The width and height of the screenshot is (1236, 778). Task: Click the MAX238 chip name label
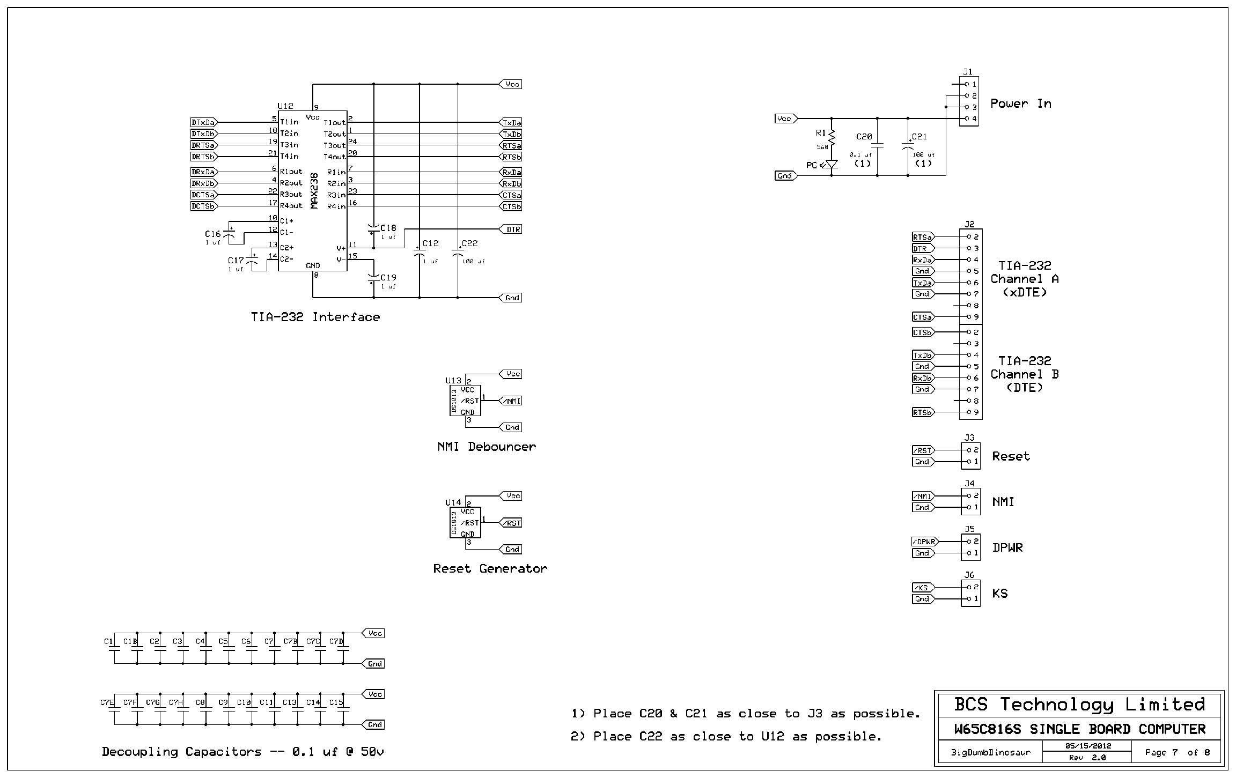pyautogui.click(x=314, y=191)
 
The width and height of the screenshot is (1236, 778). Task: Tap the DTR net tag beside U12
pyautogui.click(x=511, y=229)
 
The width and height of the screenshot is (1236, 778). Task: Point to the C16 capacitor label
pyautogui.click(x=212, y=234)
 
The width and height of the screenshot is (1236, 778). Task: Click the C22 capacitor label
pyautogui.click(x=469, y=243)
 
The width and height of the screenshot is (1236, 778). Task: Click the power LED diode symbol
pyautogui.click(x=832, y=164)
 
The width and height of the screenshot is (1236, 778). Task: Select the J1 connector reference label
pyautogui.click(x=967, y=71)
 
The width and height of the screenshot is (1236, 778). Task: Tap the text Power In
pyautogui.click(x=1021, y=103)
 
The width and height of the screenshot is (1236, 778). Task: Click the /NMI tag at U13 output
pyautogui.click(x=511, y=401)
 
